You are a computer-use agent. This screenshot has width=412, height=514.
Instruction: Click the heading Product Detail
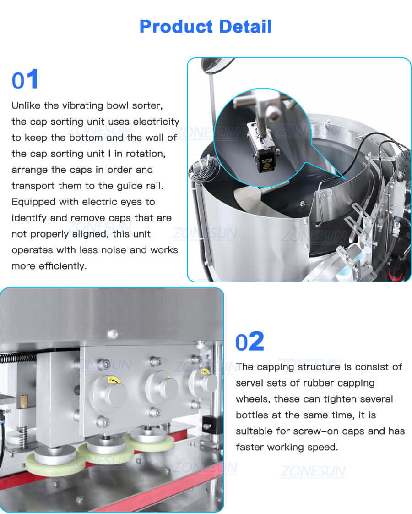point(206,27)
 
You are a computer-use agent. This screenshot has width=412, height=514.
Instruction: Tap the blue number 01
point(25,80)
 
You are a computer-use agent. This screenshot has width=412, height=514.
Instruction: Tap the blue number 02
point(249,342)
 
